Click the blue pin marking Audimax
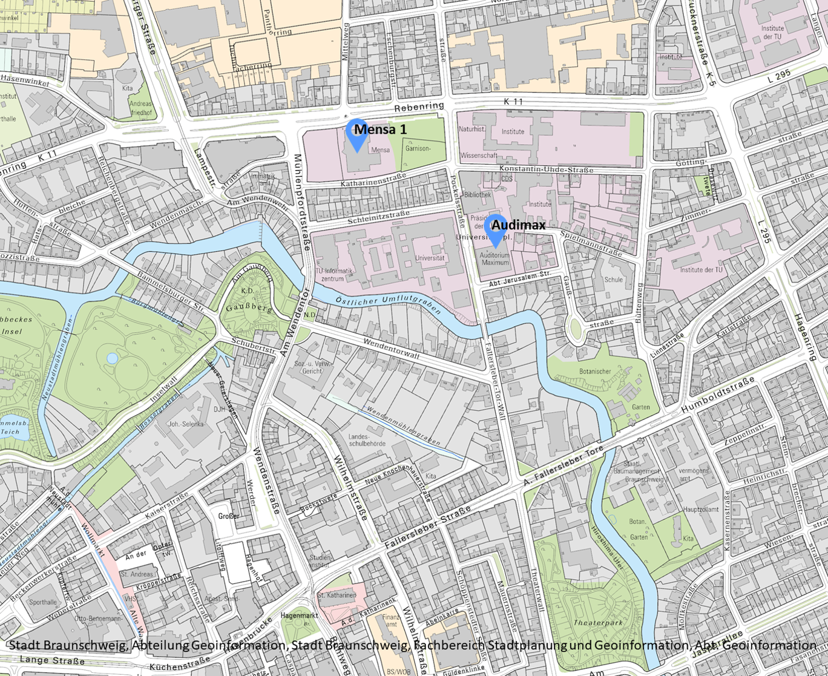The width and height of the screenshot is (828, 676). coord(497,229)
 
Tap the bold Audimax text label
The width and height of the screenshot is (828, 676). coord(518,225)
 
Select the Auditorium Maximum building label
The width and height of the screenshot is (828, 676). coord(495,259)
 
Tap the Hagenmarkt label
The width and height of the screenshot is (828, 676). coord(299,615)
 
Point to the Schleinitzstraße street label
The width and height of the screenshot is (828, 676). coord(379,218)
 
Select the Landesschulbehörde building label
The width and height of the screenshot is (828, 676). coord(359,439)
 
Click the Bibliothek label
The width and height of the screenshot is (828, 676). coord(477,195)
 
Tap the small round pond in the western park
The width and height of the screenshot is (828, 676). coord(112,358)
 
